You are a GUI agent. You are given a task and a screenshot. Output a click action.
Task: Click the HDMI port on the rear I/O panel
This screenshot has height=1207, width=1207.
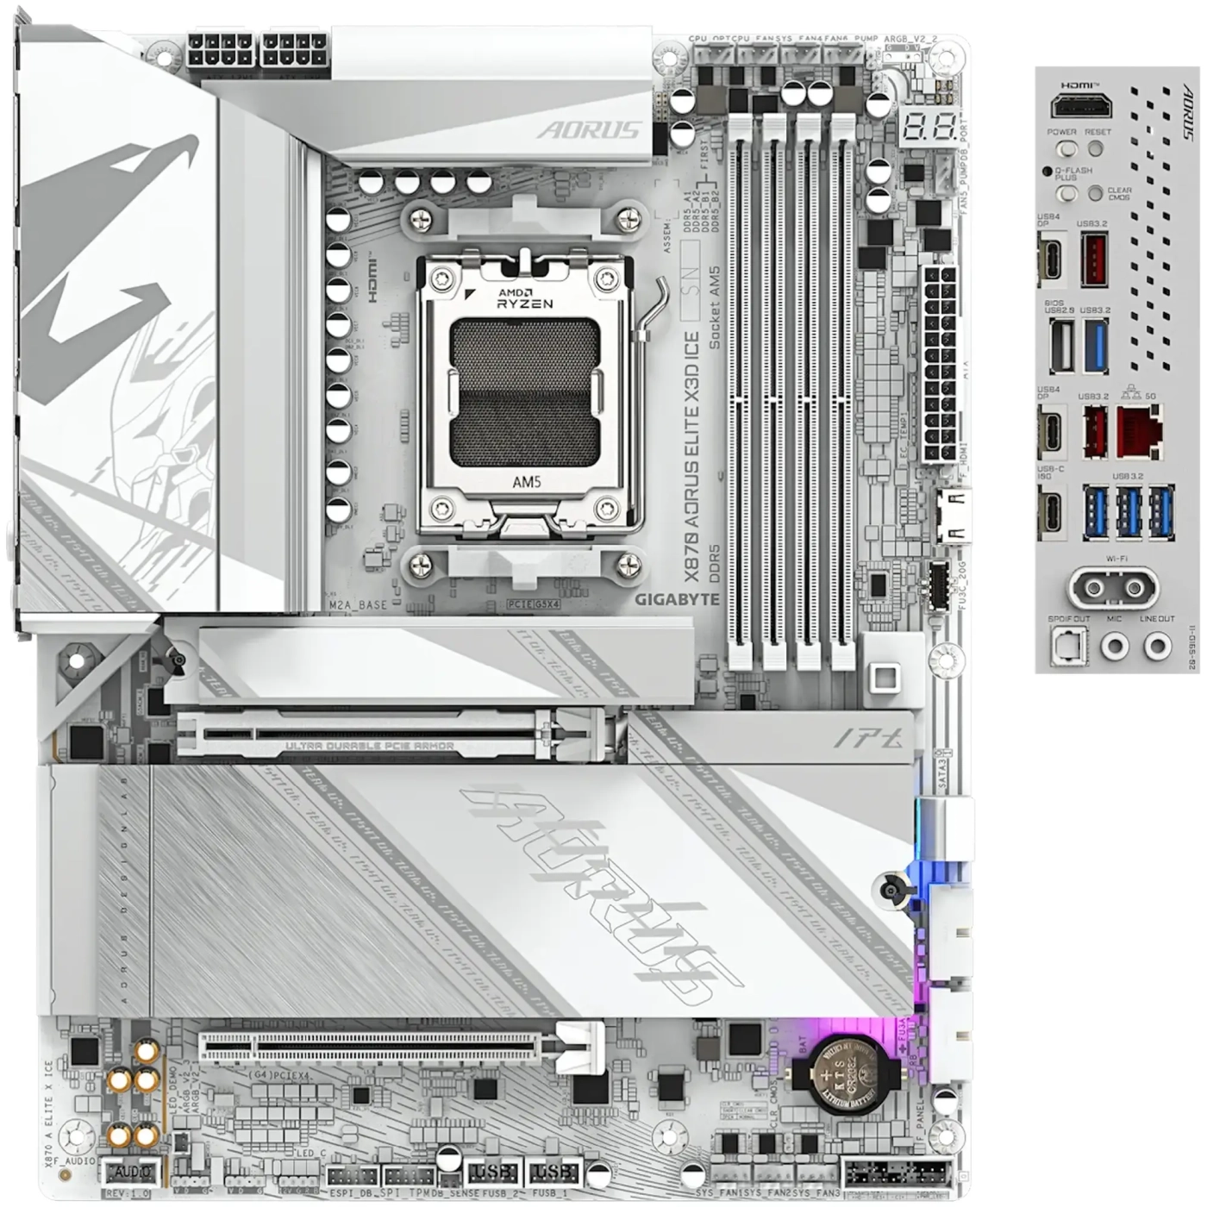click(x=1081, y=108)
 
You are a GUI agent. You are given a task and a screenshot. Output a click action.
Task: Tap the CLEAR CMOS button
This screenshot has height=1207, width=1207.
click(x=1095, y=193)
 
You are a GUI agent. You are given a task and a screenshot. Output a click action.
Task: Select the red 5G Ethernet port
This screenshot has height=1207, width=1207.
click(x=1139, y=431)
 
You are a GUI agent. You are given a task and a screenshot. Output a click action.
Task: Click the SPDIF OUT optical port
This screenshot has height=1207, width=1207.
click(x=1069, y=646)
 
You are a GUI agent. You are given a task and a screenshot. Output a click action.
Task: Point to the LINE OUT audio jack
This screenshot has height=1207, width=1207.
click(x=1156, y=646)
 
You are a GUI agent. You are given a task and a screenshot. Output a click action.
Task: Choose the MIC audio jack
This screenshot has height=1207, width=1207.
click(x=1116, y=646)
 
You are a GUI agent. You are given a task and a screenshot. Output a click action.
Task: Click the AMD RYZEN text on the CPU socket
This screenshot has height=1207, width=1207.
click(x=525, y=298)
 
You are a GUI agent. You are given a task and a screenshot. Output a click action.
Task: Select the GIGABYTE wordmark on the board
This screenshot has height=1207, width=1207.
click(x=677, y=599)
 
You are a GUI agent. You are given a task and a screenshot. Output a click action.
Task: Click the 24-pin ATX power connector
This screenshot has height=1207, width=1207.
click(x=939, y=364)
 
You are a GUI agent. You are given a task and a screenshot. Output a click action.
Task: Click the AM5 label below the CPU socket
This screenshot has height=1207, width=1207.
click(x=526, y=482)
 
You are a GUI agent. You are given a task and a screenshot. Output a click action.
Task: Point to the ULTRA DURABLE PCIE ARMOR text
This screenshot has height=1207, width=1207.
click(x=369, y=746)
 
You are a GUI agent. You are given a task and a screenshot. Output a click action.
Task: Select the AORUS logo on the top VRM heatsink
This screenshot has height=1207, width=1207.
click(x=589, y=130)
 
